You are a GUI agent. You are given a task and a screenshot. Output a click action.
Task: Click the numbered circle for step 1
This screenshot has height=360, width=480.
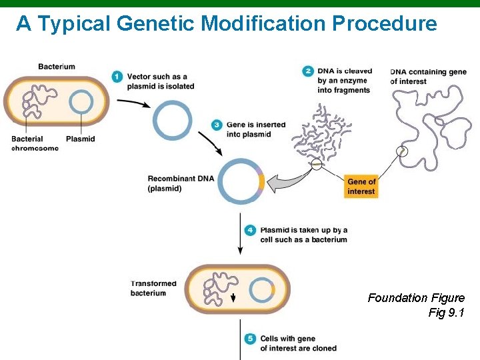117,77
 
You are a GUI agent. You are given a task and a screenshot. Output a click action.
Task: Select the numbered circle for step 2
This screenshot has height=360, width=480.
307,71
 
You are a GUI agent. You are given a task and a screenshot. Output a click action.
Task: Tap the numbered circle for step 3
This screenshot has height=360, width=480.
217,125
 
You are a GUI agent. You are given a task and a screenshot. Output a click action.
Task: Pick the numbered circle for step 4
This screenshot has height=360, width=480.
250,230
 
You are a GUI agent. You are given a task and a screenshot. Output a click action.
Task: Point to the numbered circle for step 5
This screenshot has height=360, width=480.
250,339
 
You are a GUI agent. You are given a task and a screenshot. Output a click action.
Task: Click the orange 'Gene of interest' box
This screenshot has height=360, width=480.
361,187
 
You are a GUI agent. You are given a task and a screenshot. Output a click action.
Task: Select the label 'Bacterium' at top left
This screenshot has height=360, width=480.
57,66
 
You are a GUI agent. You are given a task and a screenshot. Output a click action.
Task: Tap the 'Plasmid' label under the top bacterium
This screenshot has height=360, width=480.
81,139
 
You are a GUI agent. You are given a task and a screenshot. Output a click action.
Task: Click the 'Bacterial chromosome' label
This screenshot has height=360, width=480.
35,143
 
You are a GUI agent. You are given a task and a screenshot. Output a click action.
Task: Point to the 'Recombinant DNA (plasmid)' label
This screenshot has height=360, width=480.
174,183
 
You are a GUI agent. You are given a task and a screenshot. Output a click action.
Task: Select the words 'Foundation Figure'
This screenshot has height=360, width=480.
416,298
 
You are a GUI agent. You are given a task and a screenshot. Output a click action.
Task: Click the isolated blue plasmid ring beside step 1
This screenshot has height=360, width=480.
173,121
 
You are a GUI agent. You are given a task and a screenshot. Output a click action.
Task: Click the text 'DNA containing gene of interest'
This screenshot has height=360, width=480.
427,76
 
